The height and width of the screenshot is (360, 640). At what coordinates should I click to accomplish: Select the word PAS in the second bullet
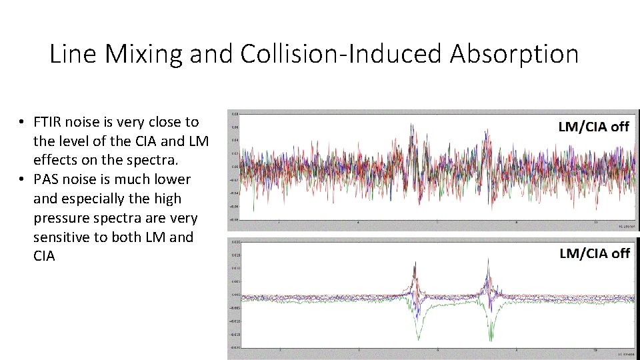point(47,179)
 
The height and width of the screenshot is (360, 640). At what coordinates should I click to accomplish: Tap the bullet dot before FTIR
point(22,122)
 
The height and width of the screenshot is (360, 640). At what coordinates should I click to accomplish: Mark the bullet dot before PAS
point(22,179)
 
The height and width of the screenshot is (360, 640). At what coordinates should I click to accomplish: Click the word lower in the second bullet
point(173,179)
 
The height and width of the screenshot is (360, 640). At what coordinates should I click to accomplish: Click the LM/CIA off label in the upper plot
point(593,127)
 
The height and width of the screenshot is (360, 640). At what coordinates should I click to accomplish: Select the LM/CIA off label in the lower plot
point(594,253)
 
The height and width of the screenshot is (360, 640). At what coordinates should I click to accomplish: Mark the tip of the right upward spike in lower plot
point(488,261)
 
